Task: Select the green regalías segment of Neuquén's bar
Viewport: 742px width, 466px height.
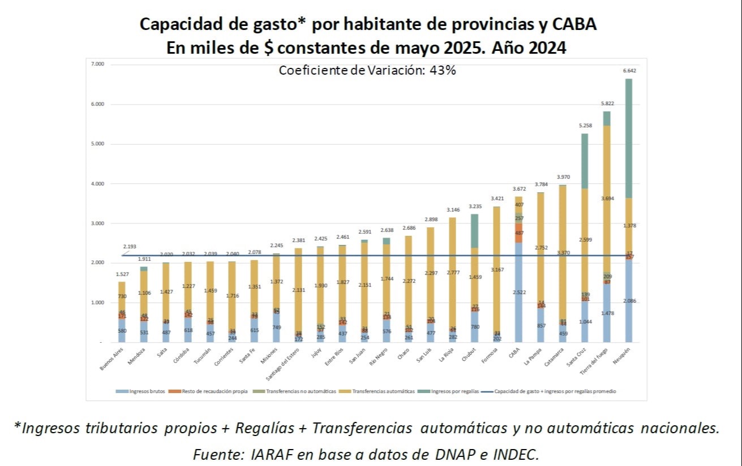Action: pos(628,139)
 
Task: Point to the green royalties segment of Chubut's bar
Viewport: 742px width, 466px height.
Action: pos(474,231)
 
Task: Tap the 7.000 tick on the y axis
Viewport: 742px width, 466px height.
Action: pos(97,64)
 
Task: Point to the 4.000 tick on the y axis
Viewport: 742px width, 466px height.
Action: pos(97,184)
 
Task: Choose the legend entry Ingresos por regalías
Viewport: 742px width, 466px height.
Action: pos(454,391)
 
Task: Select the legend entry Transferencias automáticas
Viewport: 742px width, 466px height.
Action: pos(384,391)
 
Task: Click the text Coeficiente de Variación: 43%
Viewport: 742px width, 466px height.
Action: pos(367,71)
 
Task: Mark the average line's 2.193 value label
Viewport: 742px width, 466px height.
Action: pos(130,247)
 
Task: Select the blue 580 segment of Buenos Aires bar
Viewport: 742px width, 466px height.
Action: pos(122,331)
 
